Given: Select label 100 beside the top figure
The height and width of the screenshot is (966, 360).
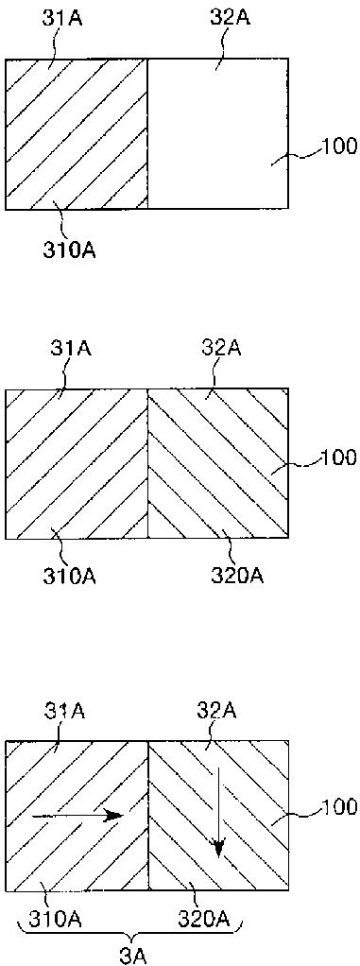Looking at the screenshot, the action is (340, 146).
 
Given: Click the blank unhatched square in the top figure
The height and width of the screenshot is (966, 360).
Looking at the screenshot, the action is (218, 134).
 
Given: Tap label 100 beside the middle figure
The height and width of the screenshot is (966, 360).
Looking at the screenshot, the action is (340, 457).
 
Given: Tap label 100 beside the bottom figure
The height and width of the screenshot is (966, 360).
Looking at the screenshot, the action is (340, 805).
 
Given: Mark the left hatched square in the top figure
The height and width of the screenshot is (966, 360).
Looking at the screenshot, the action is (77, 134).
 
